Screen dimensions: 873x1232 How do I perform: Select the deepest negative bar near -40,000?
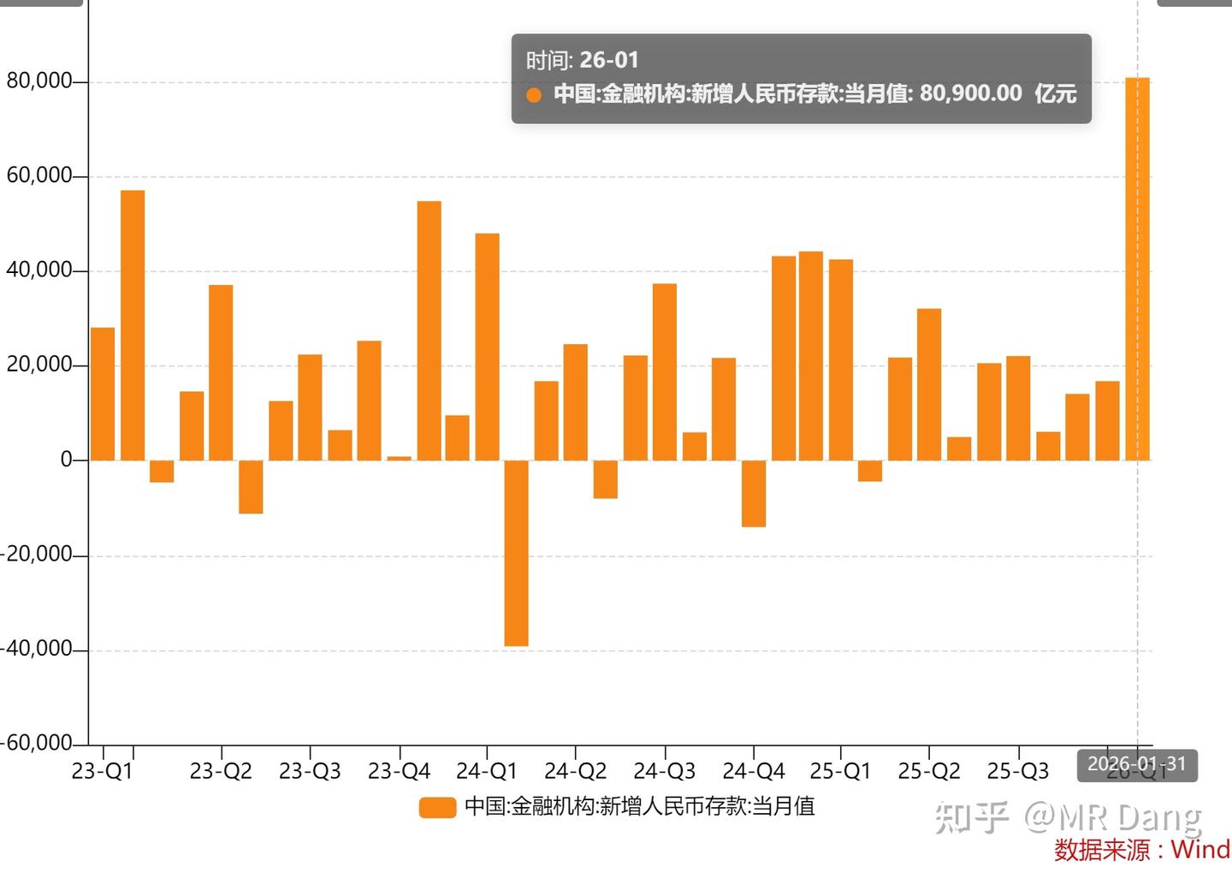pyautogui.click(x=516, y=553)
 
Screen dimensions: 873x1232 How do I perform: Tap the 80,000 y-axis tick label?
pyautogui.click(x=39, y=81)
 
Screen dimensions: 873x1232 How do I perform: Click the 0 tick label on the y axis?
pyautogui.click(x=67, y=460)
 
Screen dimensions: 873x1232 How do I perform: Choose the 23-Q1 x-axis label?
pyautogui.click(x=102, y=771)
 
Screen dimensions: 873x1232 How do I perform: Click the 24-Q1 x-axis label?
pyautogui.click(x=487, y=771)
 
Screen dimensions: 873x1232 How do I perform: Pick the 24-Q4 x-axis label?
pyautogui.click(x=753, y=771)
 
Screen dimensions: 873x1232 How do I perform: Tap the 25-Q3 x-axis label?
pyautogui.click(x=1017, y=771)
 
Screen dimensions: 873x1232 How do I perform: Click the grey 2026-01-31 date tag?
pyautogui.click(x=1136, y=764)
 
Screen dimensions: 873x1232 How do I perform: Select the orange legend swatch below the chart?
pyautogui.click(x=437, y=807)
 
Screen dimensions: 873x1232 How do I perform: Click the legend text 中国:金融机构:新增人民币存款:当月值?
pyautogui.click(x=639, y=806)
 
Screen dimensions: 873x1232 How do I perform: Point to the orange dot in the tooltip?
pyautogui.click(x=534, y=95)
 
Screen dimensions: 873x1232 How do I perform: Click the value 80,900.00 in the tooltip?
pyautogui.click(x=970, y=93)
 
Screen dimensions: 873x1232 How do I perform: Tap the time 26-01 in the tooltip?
pyautogui.click(x=608, y=60)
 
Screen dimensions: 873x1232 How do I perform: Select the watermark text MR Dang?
pyautogui.click(x=1129, y=817)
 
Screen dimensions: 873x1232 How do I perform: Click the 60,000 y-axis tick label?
pyautogui.click(x=39, y=175)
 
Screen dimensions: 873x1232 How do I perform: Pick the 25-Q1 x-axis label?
pyautogui.click(x=840, y=771)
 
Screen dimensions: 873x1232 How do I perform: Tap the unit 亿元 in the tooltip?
pyautogui.click(x=1055, y=93)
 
